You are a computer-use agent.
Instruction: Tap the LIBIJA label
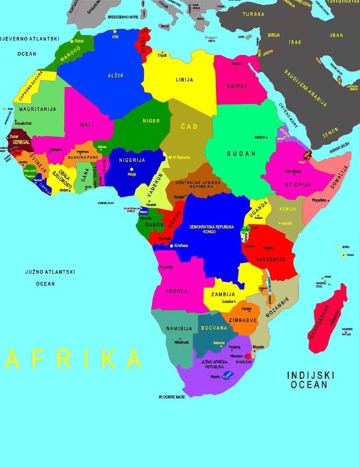185,79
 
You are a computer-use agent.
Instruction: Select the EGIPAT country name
236,86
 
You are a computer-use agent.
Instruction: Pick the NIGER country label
151,121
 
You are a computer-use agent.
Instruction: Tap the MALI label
87,124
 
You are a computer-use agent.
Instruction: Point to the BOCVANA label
214,327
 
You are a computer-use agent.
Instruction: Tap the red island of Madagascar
328,319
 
